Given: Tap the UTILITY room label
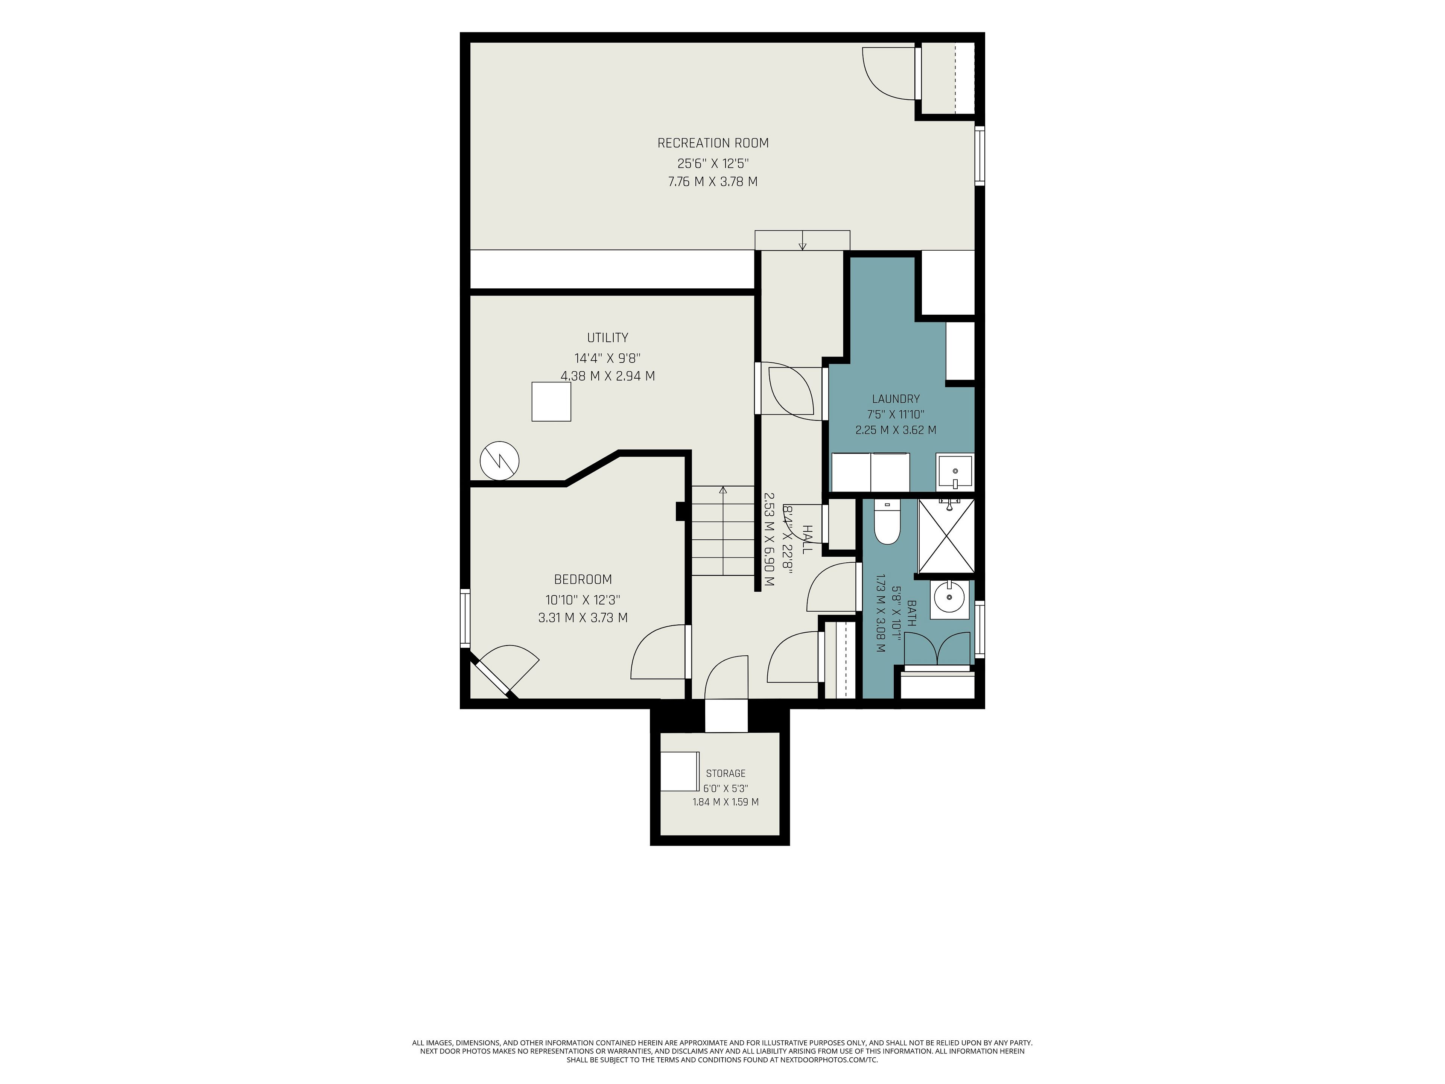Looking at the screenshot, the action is coord(607,338).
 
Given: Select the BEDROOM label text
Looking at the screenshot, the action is coord(583,580).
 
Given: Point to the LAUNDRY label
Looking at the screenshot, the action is coord(896,399).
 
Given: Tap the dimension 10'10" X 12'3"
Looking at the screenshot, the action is coord(583,599).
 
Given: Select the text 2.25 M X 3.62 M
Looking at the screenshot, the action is coord(896,430).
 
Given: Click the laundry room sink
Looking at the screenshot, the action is coord(954,472).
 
